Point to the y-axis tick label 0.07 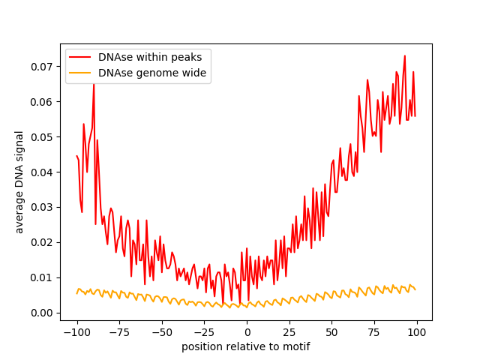[x=43, y=67]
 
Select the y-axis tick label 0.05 [x=43, y=137]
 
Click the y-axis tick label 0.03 [x=43, y=207]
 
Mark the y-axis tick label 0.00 [x=43, y=313]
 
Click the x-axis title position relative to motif [x=246, y=346]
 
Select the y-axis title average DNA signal [x=19, y=182]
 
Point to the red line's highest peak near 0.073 [x=405, y=55]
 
